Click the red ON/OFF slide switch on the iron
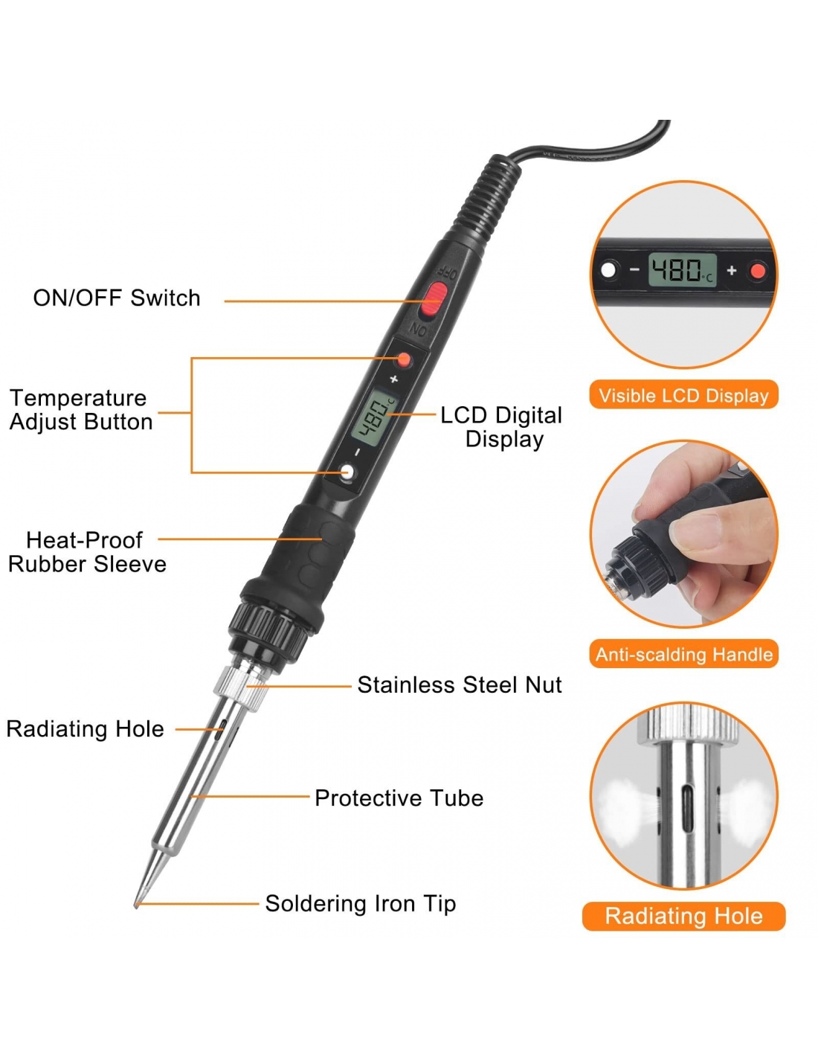click(x=434, y=299)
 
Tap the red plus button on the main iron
click(x=403, y=360)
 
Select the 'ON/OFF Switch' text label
click(x=117, y=298)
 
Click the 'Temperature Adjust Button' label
click(x=81, y=410)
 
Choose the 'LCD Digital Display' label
click(x=501, y=427)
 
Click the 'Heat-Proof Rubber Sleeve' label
click(x=87, y=552)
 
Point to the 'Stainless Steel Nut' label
click(x=460, y=685)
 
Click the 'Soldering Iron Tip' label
click(x=361, y=904)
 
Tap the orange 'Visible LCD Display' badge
click(x=683, y=394)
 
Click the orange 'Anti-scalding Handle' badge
click(x=683, y=654)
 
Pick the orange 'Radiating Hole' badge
click(x=683, y=917)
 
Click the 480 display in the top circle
click(x=682, y=270)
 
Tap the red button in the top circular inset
click(x=759, y=270)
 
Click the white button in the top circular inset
click(x=608, y=270)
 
